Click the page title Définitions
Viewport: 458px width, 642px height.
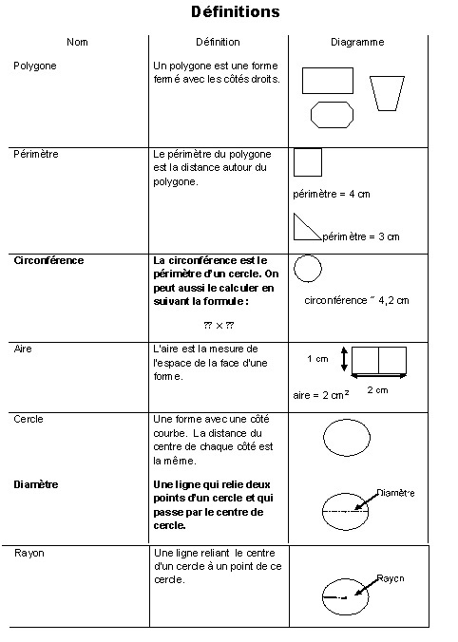pos(236,12)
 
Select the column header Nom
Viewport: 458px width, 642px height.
pos(77,43)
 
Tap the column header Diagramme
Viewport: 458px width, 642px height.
pos(357,43)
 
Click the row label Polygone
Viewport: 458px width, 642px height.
pos(35,66)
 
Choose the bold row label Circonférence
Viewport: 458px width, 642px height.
pos(48,260)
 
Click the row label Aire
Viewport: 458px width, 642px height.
pos(24,349)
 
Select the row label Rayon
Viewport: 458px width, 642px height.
pos(29,552)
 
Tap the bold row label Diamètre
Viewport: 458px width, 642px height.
pos(36,484)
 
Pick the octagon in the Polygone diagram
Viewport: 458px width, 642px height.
pos(333,115)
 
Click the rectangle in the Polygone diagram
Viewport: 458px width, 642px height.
pos(327,81)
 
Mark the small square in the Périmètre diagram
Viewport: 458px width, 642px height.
pos(308,162)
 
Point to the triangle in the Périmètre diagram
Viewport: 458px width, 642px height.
pos(304,228)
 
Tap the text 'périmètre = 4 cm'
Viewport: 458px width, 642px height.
pos(332,194)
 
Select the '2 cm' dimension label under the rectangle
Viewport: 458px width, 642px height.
pos(377,390)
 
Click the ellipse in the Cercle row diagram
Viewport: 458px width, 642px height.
pos(347,439)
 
